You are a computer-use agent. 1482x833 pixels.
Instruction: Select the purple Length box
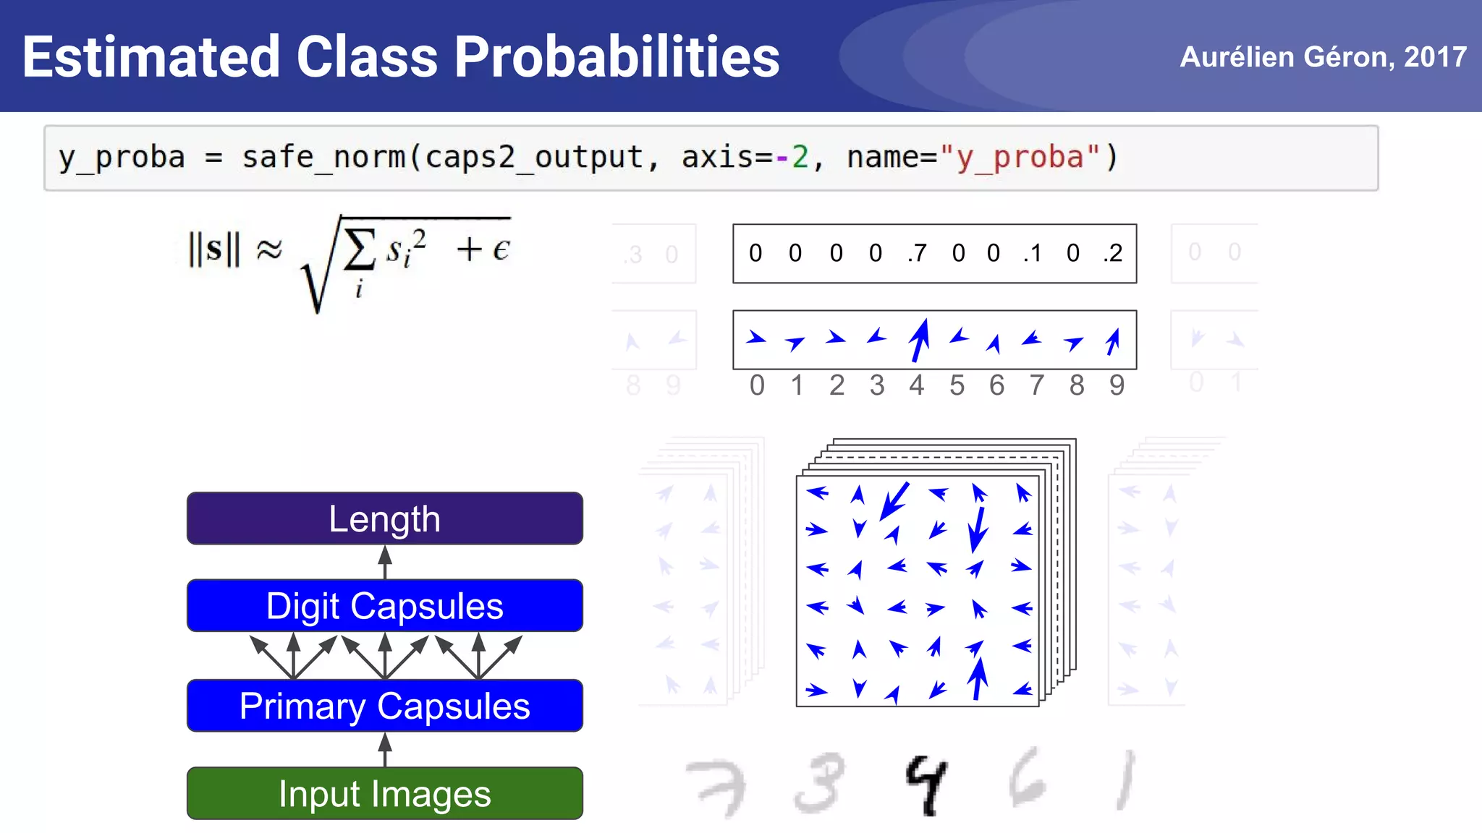[x=384, y=518]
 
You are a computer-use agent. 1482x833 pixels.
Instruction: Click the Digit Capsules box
[x=384, y=606]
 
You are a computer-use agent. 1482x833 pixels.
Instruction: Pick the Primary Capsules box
[x=384, y=706]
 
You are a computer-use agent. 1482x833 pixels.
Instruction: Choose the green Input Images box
[x=384, y=793]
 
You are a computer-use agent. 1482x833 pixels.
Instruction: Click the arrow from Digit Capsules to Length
[x=385, y=562]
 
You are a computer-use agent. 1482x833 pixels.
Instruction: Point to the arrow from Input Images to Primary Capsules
[x=385, y=749]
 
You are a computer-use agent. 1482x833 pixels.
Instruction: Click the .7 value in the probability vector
[x=917, y=253]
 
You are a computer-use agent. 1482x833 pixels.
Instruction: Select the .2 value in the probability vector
[x=1113, y=253]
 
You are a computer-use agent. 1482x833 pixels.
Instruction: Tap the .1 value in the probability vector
[x=1033, y=253]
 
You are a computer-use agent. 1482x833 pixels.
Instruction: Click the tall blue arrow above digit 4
[x=919, y=340]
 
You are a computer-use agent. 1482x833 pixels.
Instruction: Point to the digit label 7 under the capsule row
[x=1037, y=385]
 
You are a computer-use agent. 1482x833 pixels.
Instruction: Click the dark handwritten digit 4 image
[x=926, y=785]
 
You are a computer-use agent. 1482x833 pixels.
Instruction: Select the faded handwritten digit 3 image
[x=819, y=783]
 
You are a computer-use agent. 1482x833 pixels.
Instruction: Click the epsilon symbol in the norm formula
[x=501, y=249]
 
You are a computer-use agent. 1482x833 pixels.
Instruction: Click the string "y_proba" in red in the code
[x=1019, y=158]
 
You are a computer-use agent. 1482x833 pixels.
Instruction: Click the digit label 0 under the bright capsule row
[x=757, y=385]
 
